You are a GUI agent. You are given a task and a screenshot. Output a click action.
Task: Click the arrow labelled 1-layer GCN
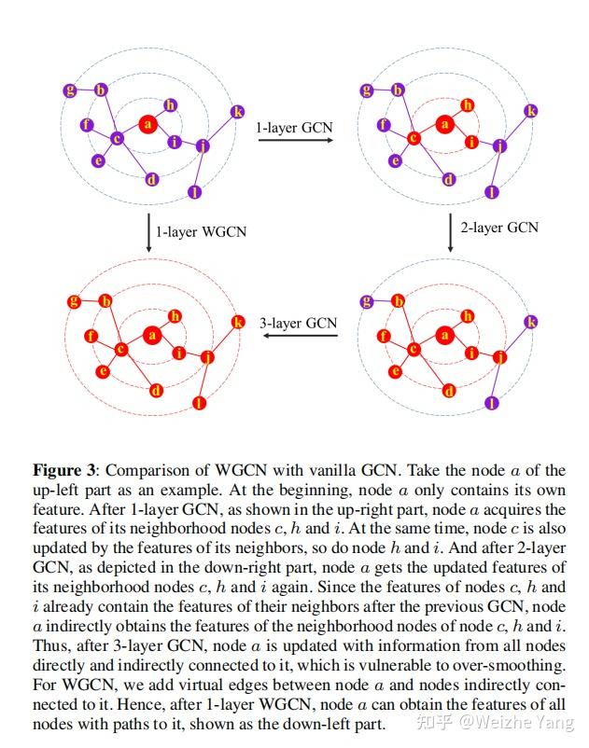pyautogui.click(x=295, y=140)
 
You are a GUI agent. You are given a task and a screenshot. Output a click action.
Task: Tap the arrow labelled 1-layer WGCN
pyautogui.click(x=148, y=230)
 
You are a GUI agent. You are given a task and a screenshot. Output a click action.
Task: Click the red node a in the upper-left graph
pyautogui.click(x=147, y=123)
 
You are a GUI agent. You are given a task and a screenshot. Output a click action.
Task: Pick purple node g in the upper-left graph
pyautogui.click(x=70, y=90)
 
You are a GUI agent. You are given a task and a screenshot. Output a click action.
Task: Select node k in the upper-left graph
pyautogui.click(x=236, y=111)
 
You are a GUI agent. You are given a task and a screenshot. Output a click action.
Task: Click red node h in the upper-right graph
pyautogui.click(x=468, y=105)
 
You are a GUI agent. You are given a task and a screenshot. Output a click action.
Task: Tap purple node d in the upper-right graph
pyautogui.click(x=449, y=180)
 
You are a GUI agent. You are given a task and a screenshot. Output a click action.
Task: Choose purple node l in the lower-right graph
pyautogui.click(x=492, y=403)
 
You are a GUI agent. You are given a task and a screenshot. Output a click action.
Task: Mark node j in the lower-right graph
pyautogui.click(x=499, y=356)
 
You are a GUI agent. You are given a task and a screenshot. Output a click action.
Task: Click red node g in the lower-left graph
pyautogui.click(x=74, y=301)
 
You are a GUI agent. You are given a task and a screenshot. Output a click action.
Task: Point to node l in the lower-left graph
pyautogui.click(x=198, y=403)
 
